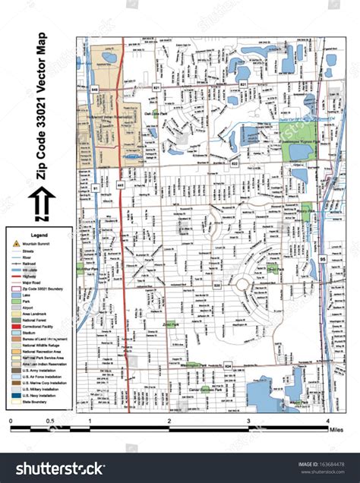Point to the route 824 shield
click(x=228, y=366)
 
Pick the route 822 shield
click(x=234, y=163)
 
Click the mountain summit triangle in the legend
click(x=15, y=245)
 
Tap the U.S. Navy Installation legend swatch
click(x=15, y=394)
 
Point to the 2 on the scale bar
click(x=169, y=420)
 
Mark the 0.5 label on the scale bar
click(x=49, y=420)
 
